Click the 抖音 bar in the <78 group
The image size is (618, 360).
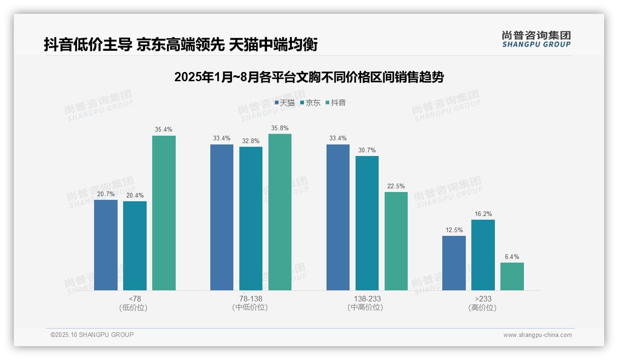[164, 213]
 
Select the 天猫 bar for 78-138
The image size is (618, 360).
[222, 217]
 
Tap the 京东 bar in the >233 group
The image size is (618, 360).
[483, 255]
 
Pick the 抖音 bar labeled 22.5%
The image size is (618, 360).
[396, 241]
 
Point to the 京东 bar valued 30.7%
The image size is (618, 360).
[367, 223]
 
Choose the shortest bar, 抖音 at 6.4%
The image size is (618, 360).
[512, 276]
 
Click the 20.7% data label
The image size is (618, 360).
[106, 194]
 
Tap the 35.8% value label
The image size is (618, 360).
[280, 128]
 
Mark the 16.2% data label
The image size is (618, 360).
[483, 214]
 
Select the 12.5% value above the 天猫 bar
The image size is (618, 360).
[454, 230]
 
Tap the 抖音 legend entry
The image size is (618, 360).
[336, 102]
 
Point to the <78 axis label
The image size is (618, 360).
[135, 299]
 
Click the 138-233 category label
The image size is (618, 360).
[367, 299]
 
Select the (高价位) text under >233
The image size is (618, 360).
[483, 308]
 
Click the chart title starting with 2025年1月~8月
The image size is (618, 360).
[309, 77]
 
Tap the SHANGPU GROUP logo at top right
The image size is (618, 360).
[536, 39]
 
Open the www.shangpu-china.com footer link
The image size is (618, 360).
[537, 335]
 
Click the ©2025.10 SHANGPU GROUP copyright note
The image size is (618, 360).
[92, 335]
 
